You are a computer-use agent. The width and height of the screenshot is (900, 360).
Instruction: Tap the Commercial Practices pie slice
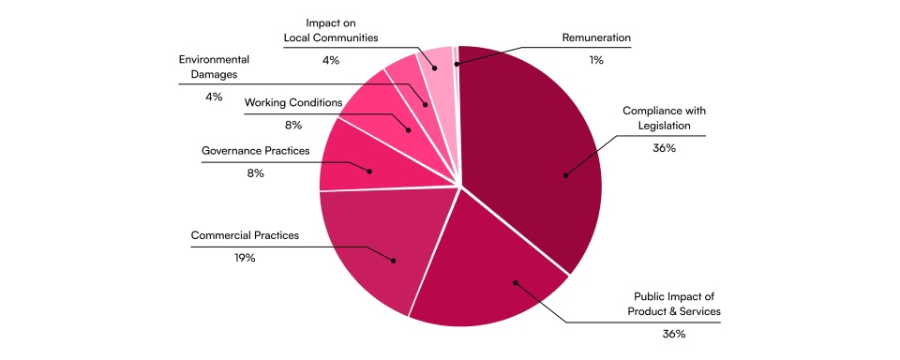click(379, 241)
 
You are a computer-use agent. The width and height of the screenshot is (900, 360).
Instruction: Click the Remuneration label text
click(596, 38)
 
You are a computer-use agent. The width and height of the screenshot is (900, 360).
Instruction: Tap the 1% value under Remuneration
click(596, 60)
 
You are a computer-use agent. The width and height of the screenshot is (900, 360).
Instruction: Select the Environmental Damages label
click(214, 67)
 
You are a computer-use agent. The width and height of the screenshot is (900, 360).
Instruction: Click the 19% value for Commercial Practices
click(244, 258)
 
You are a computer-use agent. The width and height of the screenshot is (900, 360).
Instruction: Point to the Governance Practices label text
click(255, 151)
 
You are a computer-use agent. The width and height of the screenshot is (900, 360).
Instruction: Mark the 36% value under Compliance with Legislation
click(664, 147)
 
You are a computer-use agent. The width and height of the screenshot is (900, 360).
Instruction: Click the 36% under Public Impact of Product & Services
click(673, 334)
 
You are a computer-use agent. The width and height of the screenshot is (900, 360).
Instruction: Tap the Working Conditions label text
click(293, 103)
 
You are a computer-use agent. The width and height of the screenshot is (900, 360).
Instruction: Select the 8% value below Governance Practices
click(255, 172)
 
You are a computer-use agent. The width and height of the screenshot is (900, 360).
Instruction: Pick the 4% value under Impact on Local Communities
click(331, 60)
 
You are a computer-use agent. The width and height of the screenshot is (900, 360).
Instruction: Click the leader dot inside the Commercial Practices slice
click(393, 261)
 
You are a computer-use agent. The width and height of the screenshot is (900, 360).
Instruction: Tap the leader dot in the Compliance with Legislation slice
click(565, 175)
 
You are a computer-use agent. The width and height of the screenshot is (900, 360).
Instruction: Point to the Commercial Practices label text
click(245, 235)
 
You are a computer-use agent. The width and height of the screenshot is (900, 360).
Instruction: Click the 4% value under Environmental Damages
click(214, 97)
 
